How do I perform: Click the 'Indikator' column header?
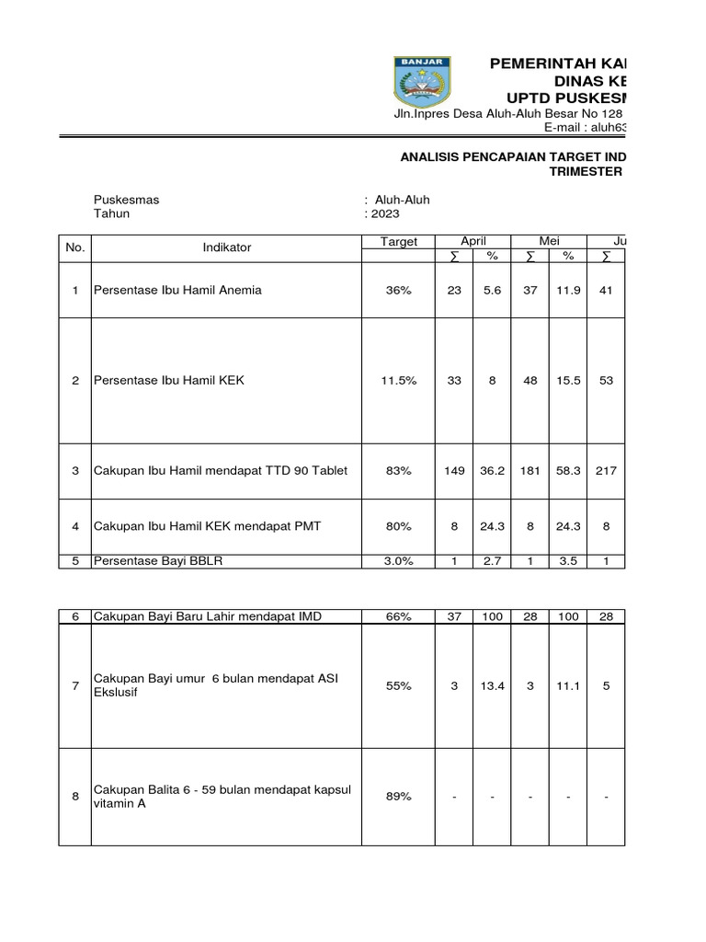[226, 247]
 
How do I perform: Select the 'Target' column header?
[399, 242]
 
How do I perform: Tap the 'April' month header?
[473, 241]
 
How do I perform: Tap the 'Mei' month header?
[550, 241]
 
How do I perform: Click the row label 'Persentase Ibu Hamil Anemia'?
[177, 290]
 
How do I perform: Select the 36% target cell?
[399, 291]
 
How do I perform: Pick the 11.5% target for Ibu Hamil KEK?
[399, 380]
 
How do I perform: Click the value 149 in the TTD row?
[454, 471]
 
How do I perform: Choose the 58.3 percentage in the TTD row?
[568, 471]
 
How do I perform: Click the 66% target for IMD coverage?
[399, 616]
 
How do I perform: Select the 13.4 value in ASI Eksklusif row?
[492, 686]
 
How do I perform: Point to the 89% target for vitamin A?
[399, 797]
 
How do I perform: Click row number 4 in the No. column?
[75, 526]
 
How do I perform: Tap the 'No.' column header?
[74, 247]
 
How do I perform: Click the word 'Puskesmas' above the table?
[126, 200]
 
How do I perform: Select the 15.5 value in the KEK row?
[568, 380]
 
